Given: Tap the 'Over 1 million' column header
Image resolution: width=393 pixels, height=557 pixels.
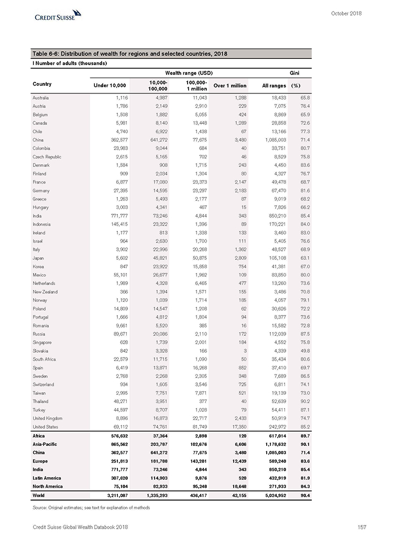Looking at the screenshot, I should (230, 85).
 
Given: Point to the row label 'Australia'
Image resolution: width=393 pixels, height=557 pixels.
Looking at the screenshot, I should (42, 98).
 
